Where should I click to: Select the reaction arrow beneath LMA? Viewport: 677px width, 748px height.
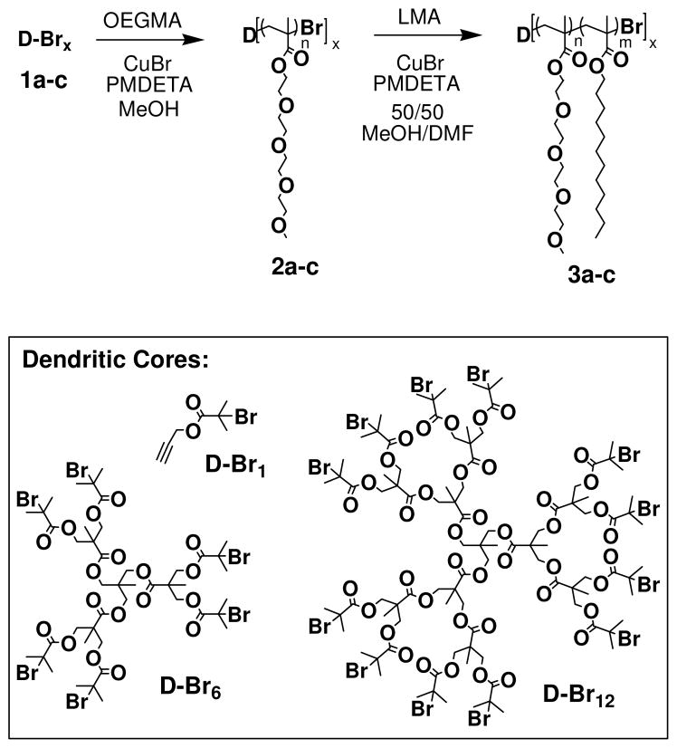tap(419, 40)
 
